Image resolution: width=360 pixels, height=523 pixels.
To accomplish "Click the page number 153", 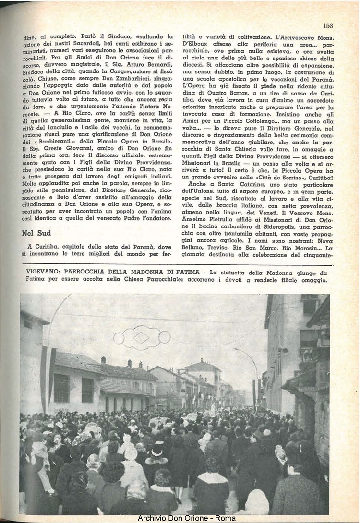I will [328, 26].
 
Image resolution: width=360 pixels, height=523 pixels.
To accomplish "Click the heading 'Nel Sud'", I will [36, 233].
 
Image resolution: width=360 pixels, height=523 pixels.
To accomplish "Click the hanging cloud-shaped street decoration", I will [142, 337].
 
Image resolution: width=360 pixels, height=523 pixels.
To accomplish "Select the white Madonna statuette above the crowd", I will [213, 408].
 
